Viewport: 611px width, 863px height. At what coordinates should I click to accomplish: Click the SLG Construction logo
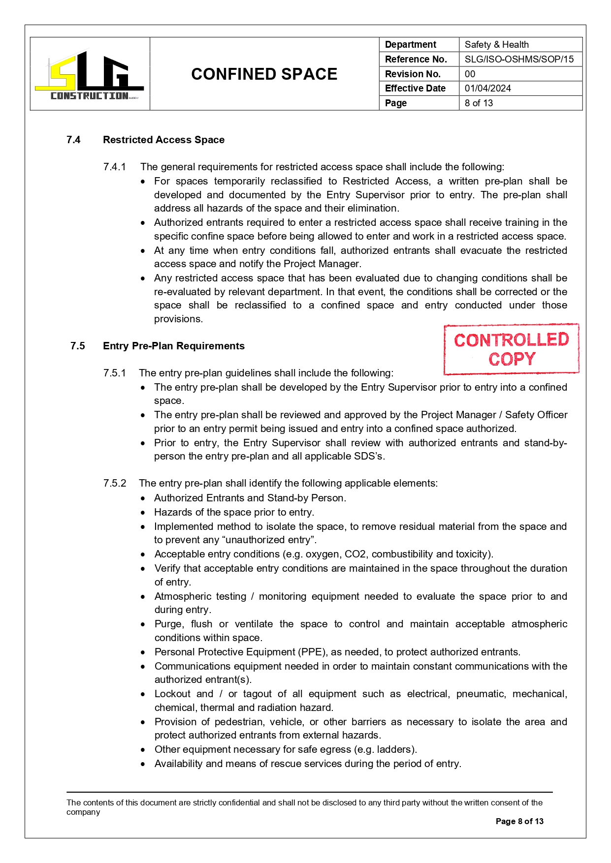pyautogui.click(x=90, y=75)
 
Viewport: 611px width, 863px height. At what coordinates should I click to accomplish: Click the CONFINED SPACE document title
pyautogui.click(x=264, y=74)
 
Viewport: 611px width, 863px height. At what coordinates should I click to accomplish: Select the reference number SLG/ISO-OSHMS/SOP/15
pyautogui.click(x=519, y=60)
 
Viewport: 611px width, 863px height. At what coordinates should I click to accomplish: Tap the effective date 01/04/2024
pyautogui.click(x=487, y=89)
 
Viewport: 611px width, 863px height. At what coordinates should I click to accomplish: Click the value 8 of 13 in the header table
pyautogui.click(x=479, y=103)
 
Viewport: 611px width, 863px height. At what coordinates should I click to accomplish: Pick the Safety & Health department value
pyautogui.click(x=496, y=45)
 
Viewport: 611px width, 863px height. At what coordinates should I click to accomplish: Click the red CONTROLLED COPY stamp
pyautogui.click(x=511, y=349)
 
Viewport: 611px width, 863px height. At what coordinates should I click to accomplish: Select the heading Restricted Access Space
pyautogui.click(x=163, y=140)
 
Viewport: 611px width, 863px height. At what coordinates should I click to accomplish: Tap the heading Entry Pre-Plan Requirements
pyautogui.click(x=173, y=346)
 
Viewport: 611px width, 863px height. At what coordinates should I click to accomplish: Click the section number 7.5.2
pyautogui.click(x=115, y=483)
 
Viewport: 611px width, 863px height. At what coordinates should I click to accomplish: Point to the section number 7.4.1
pyautogui.click(x=115, y=167)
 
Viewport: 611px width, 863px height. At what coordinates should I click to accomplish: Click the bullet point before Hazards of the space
pyautogui.click(x=143, y=513)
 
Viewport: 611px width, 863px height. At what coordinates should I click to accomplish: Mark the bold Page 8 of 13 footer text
pyautogui.click(x=519, y=821)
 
